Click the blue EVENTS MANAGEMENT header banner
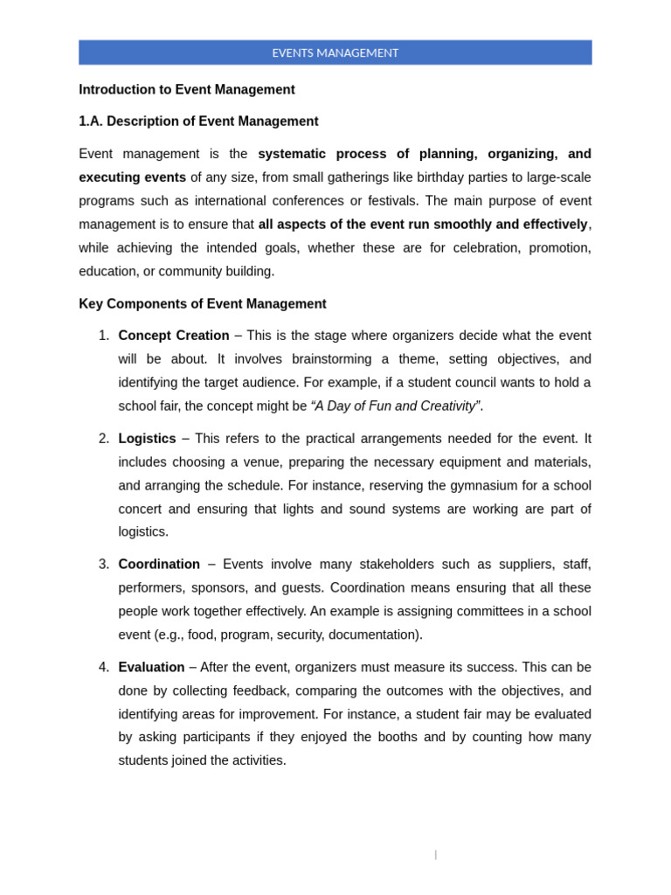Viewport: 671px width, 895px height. pyautogui.click(x=335, y=52)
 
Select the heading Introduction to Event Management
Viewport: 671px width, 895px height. pyautogui.click(x=187, y=89)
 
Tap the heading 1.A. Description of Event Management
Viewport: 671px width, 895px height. pyautogui.click(x=198, y=121)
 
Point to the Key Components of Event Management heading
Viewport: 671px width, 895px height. pyautogui.click(x=202, y=304)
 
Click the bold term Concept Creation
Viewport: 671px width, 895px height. pyautogui.click(x=174, y=336)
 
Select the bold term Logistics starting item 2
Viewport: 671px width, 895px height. pyautogui.click(x=147, y=439)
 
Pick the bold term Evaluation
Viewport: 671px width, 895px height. pyautogui.click(x=151, y=667)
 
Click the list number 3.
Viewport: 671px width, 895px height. pyautogui.click(x=104, y=565)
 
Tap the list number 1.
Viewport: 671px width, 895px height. pyautogui.click(x=104, y=336)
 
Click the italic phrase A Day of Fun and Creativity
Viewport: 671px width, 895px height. pyautogui.click(x=395, y=406)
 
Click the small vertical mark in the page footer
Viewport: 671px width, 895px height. pyautogui.click(x=435, y=855)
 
